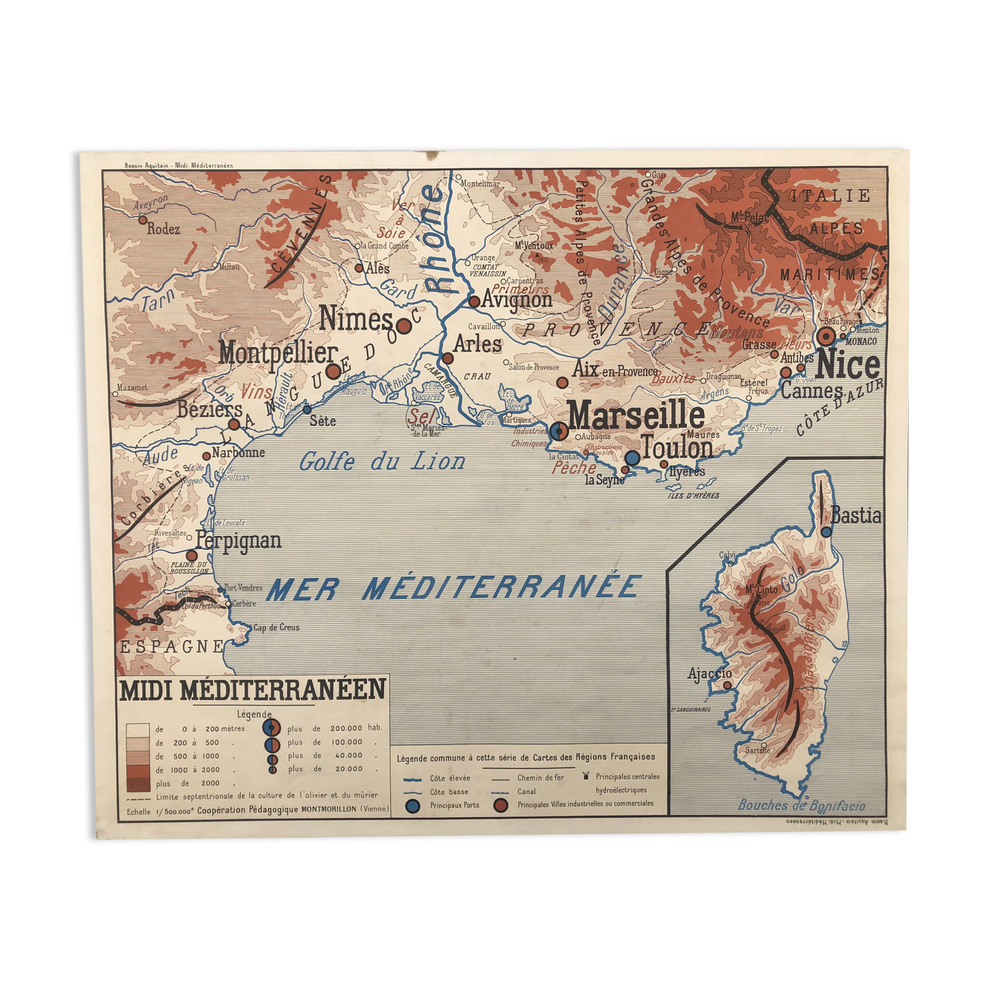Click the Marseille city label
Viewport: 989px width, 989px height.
pyautogui.click(x=636, y=414)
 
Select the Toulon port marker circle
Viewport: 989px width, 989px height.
pyautogui.click(x=632, y=458)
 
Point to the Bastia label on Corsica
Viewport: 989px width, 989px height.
pyautogui.click(x=856, y=516)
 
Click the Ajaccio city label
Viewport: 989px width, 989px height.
pyautogui.click(x=709, y=673)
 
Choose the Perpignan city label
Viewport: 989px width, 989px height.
pyautogui.click(x=238, y=541)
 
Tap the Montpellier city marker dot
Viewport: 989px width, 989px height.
pyautogui.click(x=333, y=371)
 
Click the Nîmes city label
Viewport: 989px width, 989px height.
pyautogui.click(x=356, y=318)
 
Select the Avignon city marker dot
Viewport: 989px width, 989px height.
pyautogui.click(x=474, y=301)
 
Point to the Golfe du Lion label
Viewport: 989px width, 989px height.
pyautogui.click(x=382, y=462)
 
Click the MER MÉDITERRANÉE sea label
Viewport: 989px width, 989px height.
pyautogui.click(x=453, y=588)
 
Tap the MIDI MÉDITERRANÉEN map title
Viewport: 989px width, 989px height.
pyautogui.click(x=253, y=690)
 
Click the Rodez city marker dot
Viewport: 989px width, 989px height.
pyautogui.click(x=143, y=219)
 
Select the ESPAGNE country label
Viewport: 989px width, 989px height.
pyautogui.click(x=171, y=647)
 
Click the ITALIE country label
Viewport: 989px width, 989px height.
pyautogui.click(x=830, y=196)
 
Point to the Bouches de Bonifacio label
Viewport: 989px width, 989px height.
pyautogui.click(x=801, y=806)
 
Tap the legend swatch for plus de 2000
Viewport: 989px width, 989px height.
pyautogui.click(x=138, y=784)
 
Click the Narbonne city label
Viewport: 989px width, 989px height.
pyautogui.click(x=238, y=453)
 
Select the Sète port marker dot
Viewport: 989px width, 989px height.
pyautogui.click(x=307, y=409)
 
